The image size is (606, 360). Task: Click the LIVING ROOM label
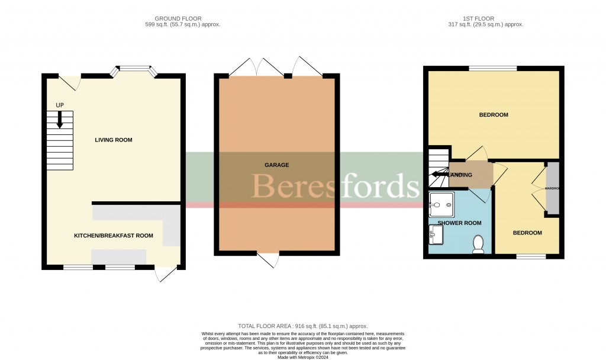tap(113, 140)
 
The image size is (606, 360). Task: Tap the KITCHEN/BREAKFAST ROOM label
tap(113, 236)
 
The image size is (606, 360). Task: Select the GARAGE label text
tap(277, 165)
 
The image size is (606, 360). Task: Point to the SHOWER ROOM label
tap(459, 223)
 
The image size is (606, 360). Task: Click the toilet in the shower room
tap(479, 244)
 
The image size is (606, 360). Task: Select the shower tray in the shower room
tap(441, 204)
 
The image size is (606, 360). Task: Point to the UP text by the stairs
tap(60, 105)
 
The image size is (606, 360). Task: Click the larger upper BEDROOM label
tap(493, 115)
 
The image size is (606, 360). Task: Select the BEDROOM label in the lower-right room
tap(527, 233)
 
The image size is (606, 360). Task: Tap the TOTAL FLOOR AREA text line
tap(302, 326)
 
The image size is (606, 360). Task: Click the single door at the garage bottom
tap(268, 259)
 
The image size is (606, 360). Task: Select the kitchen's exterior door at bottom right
tap(166, 274)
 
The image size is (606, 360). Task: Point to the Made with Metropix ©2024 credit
tap(302, 357)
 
